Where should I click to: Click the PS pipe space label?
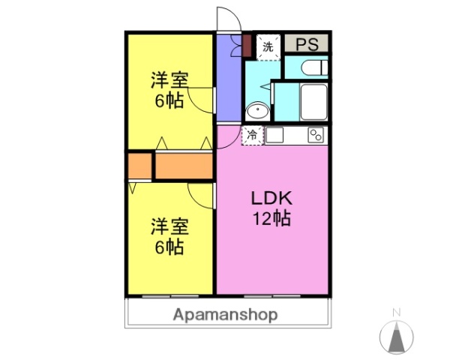pyautogui.click(x=307, y=44)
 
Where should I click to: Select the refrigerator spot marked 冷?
pyautogui.click(x=253, y=136)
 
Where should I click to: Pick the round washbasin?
pyautogui.click(x=257, y=111)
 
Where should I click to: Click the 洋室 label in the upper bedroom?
pyautogui.click(x=169, y=79)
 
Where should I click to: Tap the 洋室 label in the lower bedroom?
pyautogui.click(x=169, y=226)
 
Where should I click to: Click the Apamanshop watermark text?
pyautogui.click(x=225, y=315)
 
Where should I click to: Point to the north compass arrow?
pyautogui.click(x=397, y=337)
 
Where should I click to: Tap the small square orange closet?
pyautogui.click(x=139, y=166)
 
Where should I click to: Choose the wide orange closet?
pyautogui.click(x=184, y=166)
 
